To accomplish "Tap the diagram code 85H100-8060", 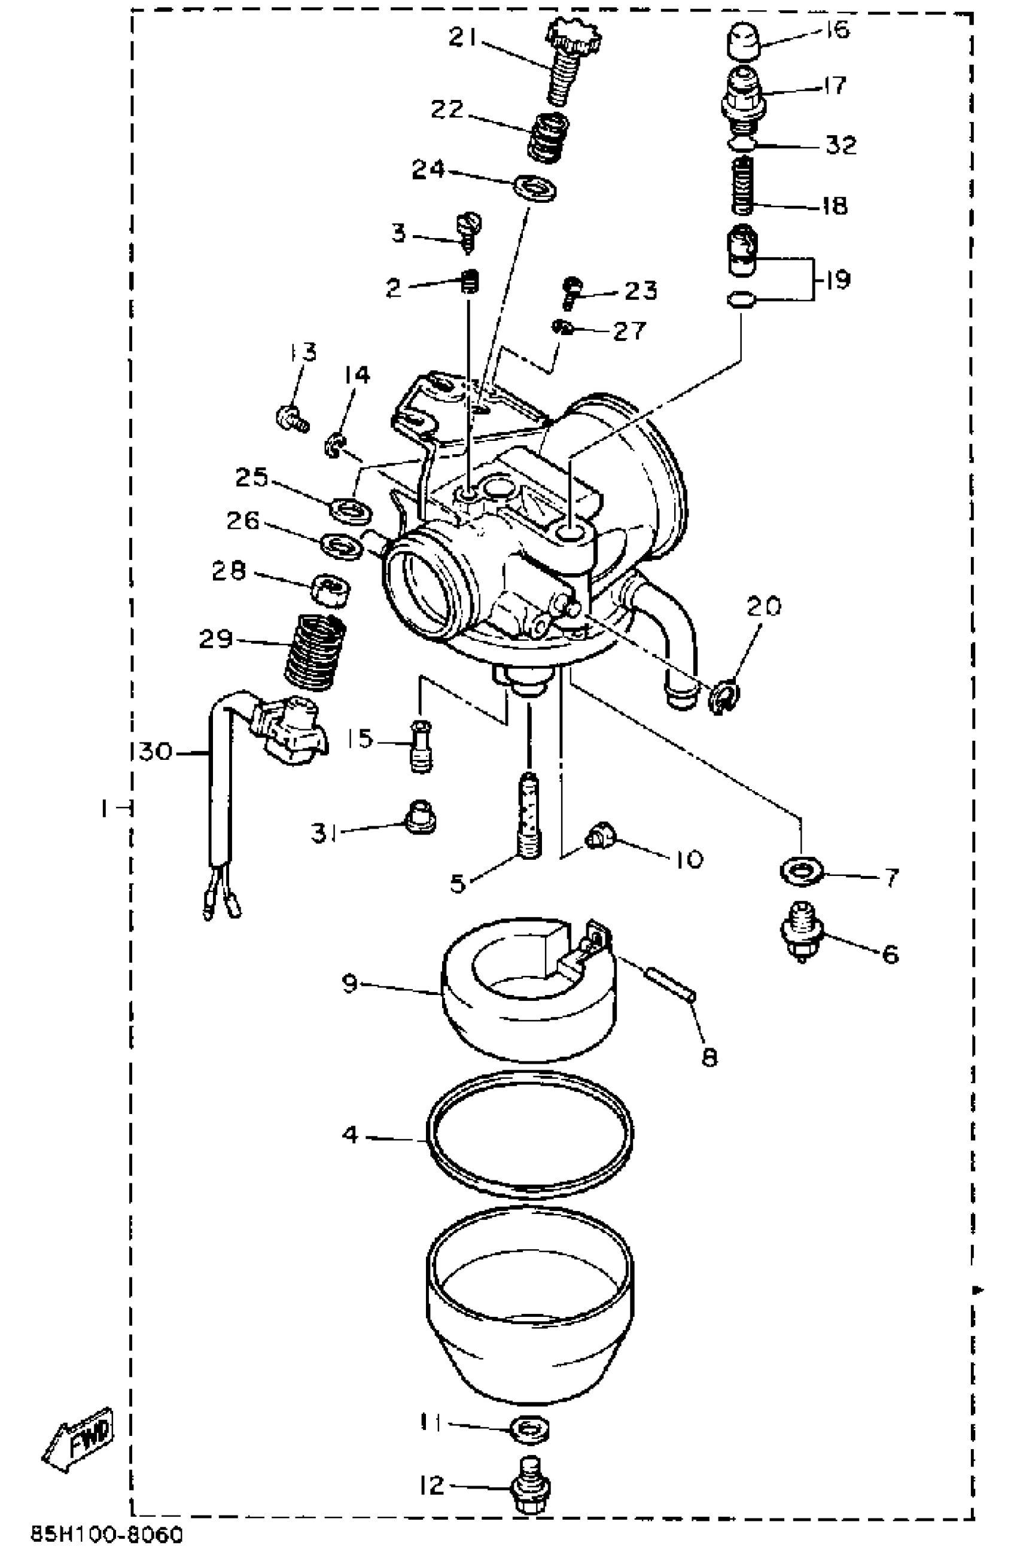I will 108,1535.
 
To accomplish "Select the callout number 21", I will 463,38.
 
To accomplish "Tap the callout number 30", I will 154,751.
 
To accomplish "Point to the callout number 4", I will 350,1134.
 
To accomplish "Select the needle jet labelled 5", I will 529,815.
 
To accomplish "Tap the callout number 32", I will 841,145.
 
